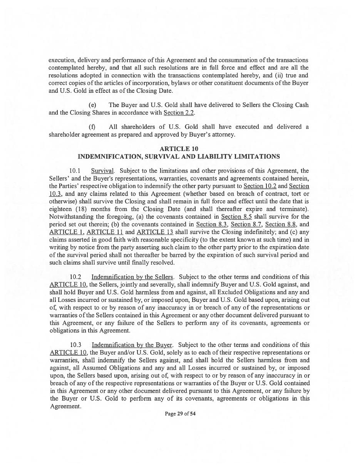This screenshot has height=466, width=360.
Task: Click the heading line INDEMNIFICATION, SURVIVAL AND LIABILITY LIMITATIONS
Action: (x=179, y=156)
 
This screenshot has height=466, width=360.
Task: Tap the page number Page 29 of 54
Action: (x=180, y=414)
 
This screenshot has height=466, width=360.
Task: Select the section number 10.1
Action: (x=75, y=171)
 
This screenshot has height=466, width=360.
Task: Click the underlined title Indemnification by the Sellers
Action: (x=132, y=277)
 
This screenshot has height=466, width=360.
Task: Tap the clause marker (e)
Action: (x=92, y=105)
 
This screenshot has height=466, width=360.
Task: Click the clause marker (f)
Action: (x=92, y=127)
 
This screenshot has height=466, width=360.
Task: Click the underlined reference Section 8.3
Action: (x=211, y=224)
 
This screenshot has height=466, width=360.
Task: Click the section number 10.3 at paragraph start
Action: (x=75, y=345)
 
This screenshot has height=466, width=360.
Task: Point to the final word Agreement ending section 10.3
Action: (x=65, y=406)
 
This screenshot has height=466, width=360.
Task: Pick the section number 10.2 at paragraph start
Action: (x=75, y=277)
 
